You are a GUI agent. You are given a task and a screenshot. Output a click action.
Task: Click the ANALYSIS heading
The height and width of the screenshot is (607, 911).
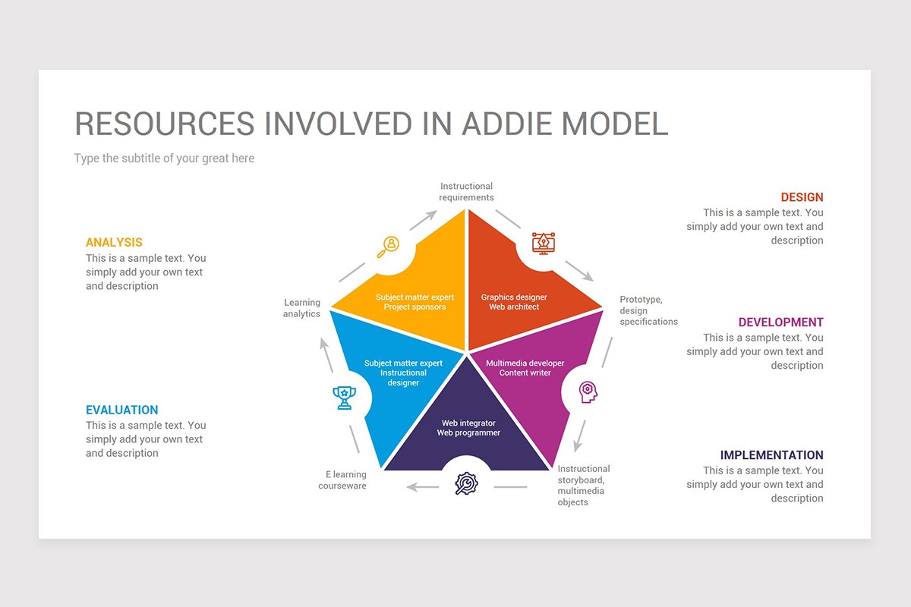114,243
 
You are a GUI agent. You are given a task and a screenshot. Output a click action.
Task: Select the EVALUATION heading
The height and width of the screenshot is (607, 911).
121,410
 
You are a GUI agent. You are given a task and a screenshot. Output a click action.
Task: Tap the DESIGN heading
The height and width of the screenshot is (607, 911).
802,197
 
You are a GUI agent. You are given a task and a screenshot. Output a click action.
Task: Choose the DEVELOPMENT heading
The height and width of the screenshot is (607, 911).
780,322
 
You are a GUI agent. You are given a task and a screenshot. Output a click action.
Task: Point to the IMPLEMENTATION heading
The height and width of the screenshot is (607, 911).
771,455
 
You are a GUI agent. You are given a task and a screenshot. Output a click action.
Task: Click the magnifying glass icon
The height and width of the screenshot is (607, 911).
389,245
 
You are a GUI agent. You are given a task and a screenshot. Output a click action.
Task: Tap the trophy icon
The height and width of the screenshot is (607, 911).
345,397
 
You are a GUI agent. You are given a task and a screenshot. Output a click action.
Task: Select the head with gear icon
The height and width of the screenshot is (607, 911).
588,392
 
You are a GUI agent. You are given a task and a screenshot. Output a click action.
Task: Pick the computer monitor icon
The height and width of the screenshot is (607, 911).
543,243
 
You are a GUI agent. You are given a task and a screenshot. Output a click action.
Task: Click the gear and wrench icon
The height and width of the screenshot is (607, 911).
466,483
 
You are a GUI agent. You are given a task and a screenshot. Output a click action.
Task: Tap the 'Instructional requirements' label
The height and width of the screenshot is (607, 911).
466,192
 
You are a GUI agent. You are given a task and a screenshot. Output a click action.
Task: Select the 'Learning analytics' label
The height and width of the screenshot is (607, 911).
302,308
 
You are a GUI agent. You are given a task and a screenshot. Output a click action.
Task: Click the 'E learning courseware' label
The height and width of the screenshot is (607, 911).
342,480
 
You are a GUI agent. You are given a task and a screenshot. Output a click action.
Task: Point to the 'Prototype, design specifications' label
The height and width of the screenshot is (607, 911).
648,310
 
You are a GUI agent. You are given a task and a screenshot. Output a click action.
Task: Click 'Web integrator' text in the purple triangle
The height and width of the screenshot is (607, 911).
468,423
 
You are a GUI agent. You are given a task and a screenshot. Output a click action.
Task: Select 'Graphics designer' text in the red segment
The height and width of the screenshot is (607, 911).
514,297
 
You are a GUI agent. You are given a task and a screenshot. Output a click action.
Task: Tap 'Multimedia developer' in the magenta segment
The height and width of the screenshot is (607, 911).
525,363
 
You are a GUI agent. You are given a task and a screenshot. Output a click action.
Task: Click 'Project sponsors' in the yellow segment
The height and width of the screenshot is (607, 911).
415,307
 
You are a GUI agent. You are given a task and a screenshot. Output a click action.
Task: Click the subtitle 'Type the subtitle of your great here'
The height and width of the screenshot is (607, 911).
164,159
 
